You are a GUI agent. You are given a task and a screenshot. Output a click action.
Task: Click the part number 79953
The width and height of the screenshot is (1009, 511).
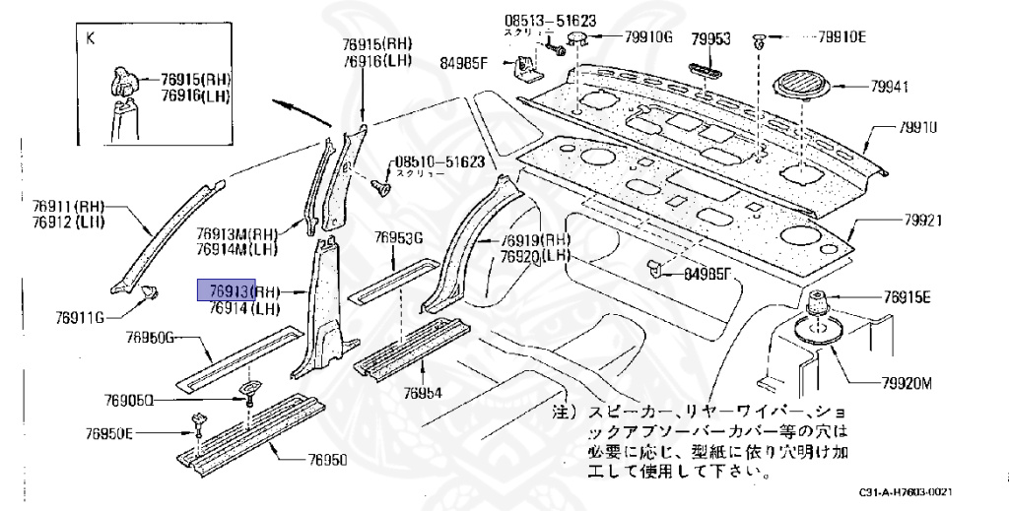click(x=709, y=38)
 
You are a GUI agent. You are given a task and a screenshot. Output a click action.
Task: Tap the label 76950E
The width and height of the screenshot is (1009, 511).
click(x=109, y=432)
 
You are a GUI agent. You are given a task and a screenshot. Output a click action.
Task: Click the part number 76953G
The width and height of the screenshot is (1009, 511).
click(x=398, y=237)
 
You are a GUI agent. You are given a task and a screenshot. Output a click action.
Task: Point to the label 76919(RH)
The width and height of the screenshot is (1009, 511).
click(x=535, y=240)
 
